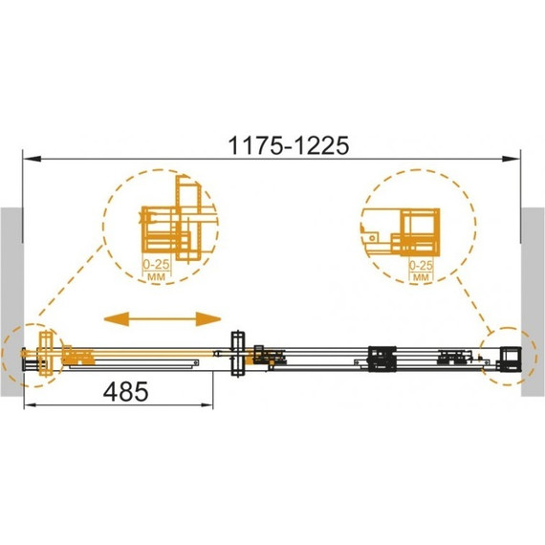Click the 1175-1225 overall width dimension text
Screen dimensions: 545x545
pos(289,145)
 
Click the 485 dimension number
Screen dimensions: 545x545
pos(125,391)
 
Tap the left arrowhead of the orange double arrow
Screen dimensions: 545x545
pos(117,319)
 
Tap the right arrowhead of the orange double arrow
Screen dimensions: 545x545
pos(208,319)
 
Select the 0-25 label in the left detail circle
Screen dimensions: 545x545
pos(157,265)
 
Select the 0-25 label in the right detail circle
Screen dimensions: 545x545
pos(421,266)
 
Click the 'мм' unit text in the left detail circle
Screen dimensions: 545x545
pos(157,277)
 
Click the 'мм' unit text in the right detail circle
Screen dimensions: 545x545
pos(422,277)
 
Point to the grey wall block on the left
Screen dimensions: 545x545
pos(11,302)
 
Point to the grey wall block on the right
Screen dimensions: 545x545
pos(533,302)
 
